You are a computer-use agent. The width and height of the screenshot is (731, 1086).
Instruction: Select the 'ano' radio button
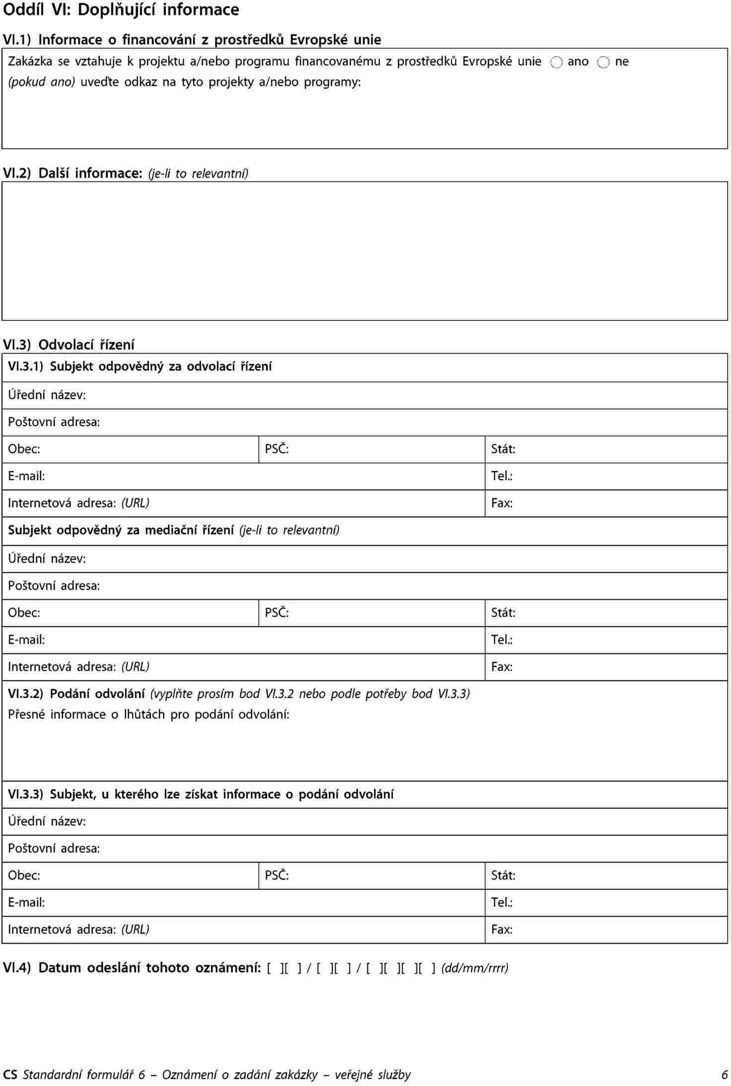tap(556, 63)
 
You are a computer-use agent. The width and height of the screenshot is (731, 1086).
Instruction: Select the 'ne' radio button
tap(603, 63)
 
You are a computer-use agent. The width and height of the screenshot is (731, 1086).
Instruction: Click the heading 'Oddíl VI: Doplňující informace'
tap(121, 10)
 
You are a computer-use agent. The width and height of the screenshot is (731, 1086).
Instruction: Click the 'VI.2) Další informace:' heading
tap(73, 173)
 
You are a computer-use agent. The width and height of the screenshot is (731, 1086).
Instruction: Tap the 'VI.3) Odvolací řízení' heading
tap(69, 345)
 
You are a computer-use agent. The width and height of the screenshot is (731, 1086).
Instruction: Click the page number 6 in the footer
tap(724, 1075)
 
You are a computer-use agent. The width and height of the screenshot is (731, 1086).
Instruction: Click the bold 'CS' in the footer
tap(10, 1075)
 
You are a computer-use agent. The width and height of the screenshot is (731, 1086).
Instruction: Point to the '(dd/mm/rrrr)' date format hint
tap(475, 968)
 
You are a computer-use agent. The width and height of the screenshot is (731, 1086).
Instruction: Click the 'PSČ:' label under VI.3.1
tap(277, 449)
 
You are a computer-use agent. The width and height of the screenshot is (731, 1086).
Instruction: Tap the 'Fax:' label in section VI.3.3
tap(502, 929)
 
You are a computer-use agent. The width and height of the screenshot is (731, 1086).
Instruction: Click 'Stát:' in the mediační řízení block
tap(503, 613)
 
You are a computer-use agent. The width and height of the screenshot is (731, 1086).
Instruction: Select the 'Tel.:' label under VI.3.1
tap(502, 476)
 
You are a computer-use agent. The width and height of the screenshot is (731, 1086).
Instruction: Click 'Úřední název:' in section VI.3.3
tap(47, 822)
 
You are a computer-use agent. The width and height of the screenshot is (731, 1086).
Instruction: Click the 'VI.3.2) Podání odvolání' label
tap(77, 694)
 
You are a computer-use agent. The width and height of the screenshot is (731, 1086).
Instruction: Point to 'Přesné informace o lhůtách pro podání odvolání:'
tap(149, 714)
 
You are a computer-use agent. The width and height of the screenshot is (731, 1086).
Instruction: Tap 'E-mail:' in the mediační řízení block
tap(26, 640)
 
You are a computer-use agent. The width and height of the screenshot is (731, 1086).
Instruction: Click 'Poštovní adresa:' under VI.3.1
tap(54, 422)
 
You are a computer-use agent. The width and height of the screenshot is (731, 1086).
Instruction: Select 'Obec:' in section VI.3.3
tap(24, 875)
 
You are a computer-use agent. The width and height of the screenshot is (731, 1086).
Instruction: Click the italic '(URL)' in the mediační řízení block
tap(135, 667)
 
